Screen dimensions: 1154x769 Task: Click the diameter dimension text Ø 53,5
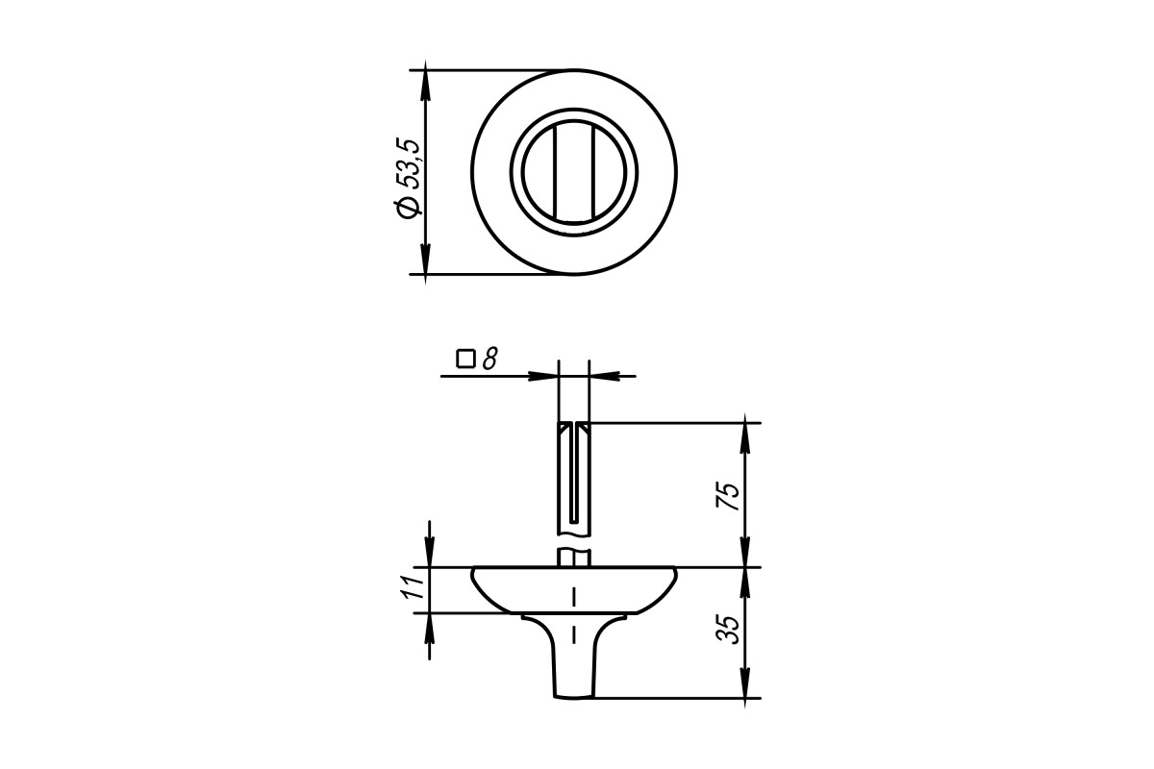[409, 178]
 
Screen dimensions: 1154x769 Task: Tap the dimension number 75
[728, 497]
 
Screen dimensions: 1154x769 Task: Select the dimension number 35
[728, 630]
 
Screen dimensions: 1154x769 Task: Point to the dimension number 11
[413, 585]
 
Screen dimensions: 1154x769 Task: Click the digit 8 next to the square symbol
[489, 359]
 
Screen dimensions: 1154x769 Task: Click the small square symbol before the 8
[465, 359]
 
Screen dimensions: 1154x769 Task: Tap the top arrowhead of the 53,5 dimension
[425, 84]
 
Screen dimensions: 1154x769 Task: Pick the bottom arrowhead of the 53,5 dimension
[425, 260]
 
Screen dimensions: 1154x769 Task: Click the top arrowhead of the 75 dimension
[745, 436]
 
